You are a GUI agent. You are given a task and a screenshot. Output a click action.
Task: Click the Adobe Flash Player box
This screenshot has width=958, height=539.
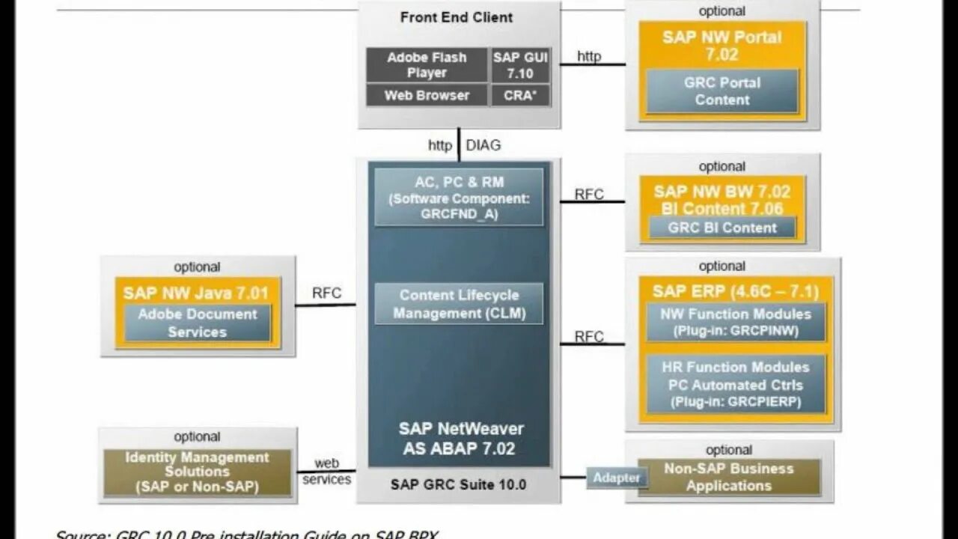point(427,65)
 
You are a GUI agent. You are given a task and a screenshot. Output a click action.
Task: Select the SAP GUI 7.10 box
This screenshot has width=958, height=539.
point(520,65)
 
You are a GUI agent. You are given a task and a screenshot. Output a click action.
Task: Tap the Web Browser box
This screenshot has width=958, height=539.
point(427,95)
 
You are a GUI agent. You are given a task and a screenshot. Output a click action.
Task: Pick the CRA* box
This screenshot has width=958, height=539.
point(520,95)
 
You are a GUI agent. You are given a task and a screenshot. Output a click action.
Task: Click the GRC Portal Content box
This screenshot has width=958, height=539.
point(721,91)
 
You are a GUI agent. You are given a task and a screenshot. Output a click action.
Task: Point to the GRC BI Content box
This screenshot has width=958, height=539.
point(721,228)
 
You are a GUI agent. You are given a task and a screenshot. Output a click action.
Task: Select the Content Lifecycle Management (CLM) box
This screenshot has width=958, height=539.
point(459,304)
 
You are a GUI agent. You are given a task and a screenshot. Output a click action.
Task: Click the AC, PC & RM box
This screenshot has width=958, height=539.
point(459,197)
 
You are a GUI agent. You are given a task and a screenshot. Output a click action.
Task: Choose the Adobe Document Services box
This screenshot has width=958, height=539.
point(197,323)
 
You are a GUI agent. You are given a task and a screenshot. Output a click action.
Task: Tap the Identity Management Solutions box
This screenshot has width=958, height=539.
point(197,472)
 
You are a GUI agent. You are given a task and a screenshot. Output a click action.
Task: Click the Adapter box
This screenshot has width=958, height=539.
point(616,478)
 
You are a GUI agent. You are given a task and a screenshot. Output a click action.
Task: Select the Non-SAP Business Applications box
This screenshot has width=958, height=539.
point(728,477)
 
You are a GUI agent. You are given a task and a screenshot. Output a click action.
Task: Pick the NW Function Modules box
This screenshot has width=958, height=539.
point(735,322)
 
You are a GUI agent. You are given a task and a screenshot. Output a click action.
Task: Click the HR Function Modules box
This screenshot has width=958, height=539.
point(735,384)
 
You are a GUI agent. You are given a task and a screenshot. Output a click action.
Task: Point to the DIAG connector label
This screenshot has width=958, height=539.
point(483,145)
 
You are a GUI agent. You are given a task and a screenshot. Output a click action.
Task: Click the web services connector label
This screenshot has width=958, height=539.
point(326,472)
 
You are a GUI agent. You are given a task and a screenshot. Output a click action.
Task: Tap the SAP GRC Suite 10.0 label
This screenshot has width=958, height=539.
point(458,484)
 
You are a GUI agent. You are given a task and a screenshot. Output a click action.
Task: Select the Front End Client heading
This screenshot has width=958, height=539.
point(457,17)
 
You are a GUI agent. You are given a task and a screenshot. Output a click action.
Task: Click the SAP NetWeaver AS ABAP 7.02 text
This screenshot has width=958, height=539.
point(459,439)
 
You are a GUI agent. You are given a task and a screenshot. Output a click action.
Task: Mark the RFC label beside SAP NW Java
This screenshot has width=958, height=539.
point(326,293)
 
